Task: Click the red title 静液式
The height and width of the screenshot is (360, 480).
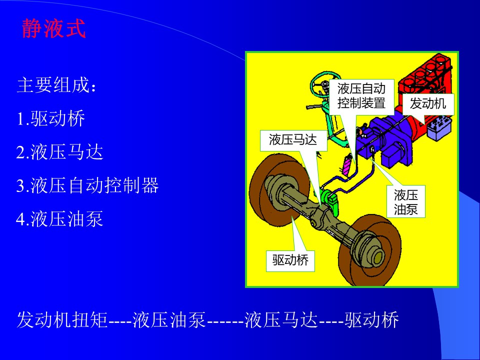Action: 53,28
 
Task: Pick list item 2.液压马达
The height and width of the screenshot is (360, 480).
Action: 59,152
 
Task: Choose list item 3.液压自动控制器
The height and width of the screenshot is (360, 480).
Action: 87,185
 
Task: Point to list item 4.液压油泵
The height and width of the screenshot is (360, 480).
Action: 59,218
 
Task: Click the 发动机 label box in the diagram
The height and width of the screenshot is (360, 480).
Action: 427,104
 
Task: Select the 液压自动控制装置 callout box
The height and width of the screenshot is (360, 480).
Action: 361,95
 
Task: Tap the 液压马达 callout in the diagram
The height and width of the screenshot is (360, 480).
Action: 293,140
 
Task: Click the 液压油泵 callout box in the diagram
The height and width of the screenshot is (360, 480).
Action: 406,201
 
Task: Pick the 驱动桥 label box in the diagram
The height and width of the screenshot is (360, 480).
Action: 290,261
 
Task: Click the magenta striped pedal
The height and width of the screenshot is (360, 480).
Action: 347,165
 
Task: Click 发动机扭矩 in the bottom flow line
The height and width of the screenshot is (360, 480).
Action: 62,320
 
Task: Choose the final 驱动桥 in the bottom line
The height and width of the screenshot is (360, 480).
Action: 372,320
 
